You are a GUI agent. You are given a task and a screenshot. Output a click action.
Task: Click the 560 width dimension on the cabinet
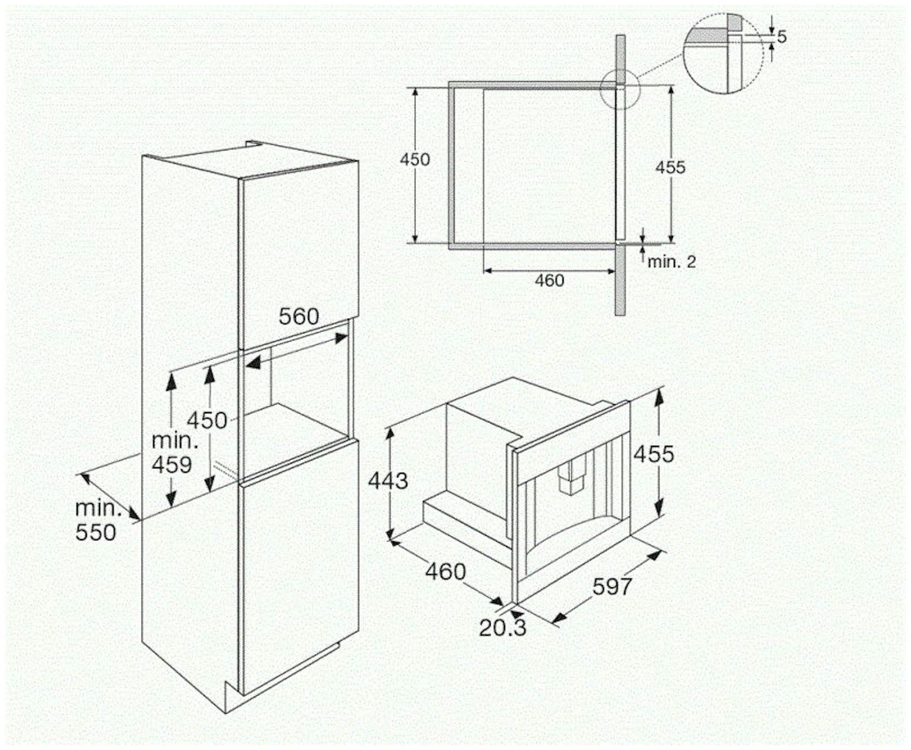click(x=298, y=316)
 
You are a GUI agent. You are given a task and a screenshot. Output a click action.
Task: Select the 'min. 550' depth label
click(x=97, y=520)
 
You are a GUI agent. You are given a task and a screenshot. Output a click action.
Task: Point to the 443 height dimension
click(x=388, y=480)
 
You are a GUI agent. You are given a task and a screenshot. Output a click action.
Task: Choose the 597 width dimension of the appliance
click(x=612, y=586)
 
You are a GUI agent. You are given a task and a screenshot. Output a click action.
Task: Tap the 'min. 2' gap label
click(x=671, y=262)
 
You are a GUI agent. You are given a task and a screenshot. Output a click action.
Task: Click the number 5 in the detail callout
click(x=782, y=37)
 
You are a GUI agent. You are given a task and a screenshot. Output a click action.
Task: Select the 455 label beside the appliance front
click(x=653, y=454)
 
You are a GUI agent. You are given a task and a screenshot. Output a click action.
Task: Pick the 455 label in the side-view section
click(x=670, y=167)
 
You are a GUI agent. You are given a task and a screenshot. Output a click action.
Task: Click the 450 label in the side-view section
click(x=415, y=159)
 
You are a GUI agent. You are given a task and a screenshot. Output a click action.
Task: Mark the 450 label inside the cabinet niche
click(x=207, y=420)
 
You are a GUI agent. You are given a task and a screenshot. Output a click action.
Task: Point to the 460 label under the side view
click(x=549, y=281)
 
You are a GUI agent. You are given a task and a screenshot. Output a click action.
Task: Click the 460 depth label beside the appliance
click(x=445, y=571)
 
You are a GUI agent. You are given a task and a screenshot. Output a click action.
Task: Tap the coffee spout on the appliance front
click(x=572, y=476)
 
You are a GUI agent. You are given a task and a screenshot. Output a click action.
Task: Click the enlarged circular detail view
click(x=723, y=53)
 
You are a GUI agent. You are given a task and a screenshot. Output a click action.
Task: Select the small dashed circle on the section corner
click(x=620, y=90)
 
